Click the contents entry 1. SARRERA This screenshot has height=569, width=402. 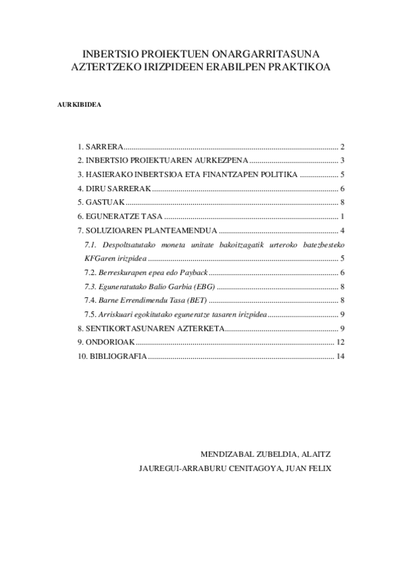pyautogui.click(x=100, y=146)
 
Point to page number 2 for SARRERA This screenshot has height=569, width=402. pyautogui.click(x=342, y=146)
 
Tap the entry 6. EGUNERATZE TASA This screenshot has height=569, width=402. pyautogui.click(x=120, y=216)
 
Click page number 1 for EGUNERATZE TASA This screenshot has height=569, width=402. pyautogui.click(x=342, y=216)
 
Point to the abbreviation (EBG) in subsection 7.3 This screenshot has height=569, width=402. pyautogui.click(x=203, y=287)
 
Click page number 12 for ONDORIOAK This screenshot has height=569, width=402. pyautogui.click(x=340, y=342)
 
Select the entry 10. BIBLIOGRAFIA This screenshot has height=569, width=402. pyautogui.click(x=111, y=356)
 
